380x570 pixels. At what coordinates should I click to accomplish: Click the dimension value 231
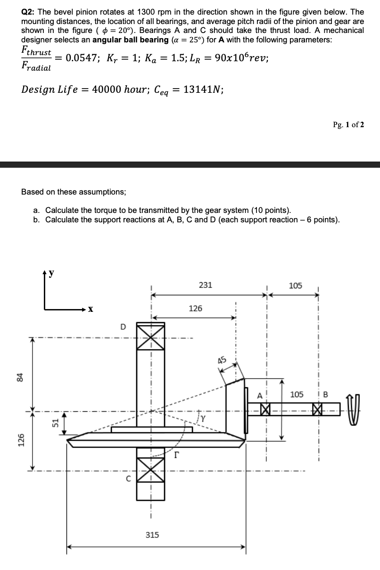click(206, 285)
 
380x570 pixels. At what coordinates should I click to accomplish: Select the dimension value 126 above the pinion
click(195, 309)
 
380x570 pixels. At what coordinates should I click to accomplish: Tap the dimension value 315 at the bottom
click(152, 535)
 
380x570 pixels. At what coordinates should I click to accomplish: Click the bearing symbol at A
click(266, 408)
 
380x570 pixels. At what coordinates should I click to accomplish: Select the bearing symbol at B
click(318, 409)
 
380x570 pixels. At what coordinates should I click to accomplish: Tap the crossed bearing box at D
click(151, 336)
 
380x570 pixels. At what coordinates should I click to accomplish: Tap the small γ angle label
click(203, 417)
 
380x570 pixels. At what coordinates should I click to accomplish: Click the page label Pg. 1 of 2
click(348, 125)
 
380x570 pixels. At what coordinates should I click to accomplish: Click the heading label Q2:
click(30, 12)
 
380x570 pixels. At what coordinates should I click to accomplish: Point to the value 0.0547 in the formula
click(82, 58)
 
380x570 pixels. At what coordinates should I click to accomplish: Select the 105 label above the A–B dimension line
click(295, 285)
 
